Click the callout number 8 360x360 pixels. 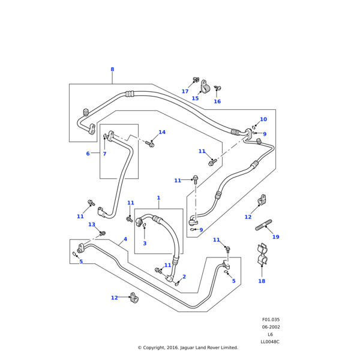pyautogui.click(x=112, y=70)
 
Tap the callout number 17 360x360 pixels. pyautogui.click(x=185, y=92)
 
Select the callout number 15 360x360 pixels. pyautogui.click(x=195, y=98)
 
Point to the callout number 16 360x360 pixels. pyautogui.click(x=217, y=101)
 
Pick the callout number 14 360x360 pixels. pyautogui.click(x=162, y=132)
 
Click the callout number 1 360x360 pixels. pyautogui.click(x=158, y=198)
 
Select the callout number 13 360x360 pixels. pyautogui.click(x=92, y=224)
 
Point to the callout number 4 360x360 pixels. pyautogui.click(x=125, y=239)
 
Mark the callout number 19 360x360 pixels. pyautogui.click(x=275, y=237)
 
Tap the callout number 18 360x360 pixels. pyautogui.click(x=262, y=281)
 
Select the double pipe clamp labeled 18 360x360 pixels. pyautogui.click(x=262, y=256)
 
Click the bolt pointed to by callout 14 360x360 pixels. pyautogui.click(x=151, y=144)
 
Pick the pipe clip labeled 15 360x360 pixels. pyautogui.click(x=205, y=88)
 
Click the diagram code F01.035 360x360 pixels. pyautogui.click(x=271, y=320)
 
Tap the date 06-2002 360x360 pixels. pyautogui.click(x=271, y=327)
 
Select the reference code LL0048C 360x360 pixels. pyautogui.click(x=270, y=342)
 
